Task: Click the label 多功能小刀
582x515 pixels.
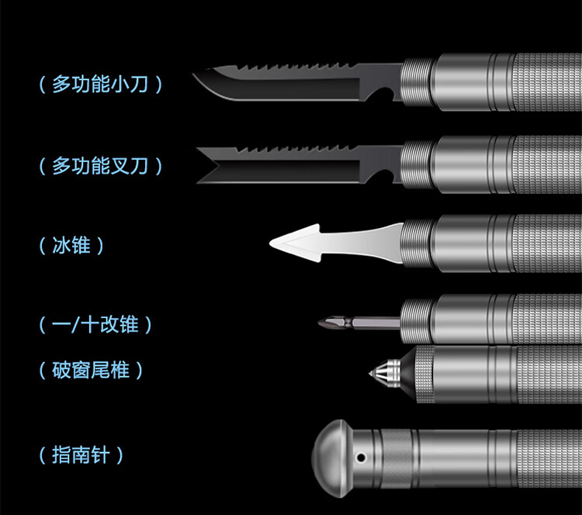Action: (100, 85)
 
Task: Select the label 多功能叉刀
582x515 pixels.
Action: (100, 166)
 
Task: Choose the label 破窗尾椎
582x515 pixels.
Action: (92, 371)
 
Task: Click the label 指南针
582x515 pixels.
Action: (81, 455)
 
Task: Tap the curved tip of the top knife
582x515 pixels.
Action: (201, 81)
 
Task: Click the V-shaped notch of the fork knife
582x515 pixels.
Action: (208, 165)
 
